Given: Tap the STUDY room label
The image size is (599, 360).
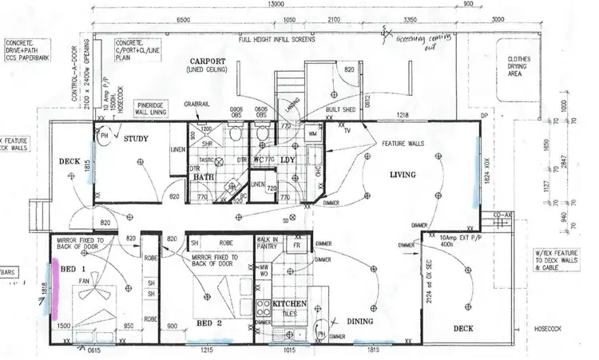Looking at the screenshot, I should [138, 139].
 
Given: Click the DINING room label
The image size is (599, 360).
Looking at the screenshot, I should [364, 321].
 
